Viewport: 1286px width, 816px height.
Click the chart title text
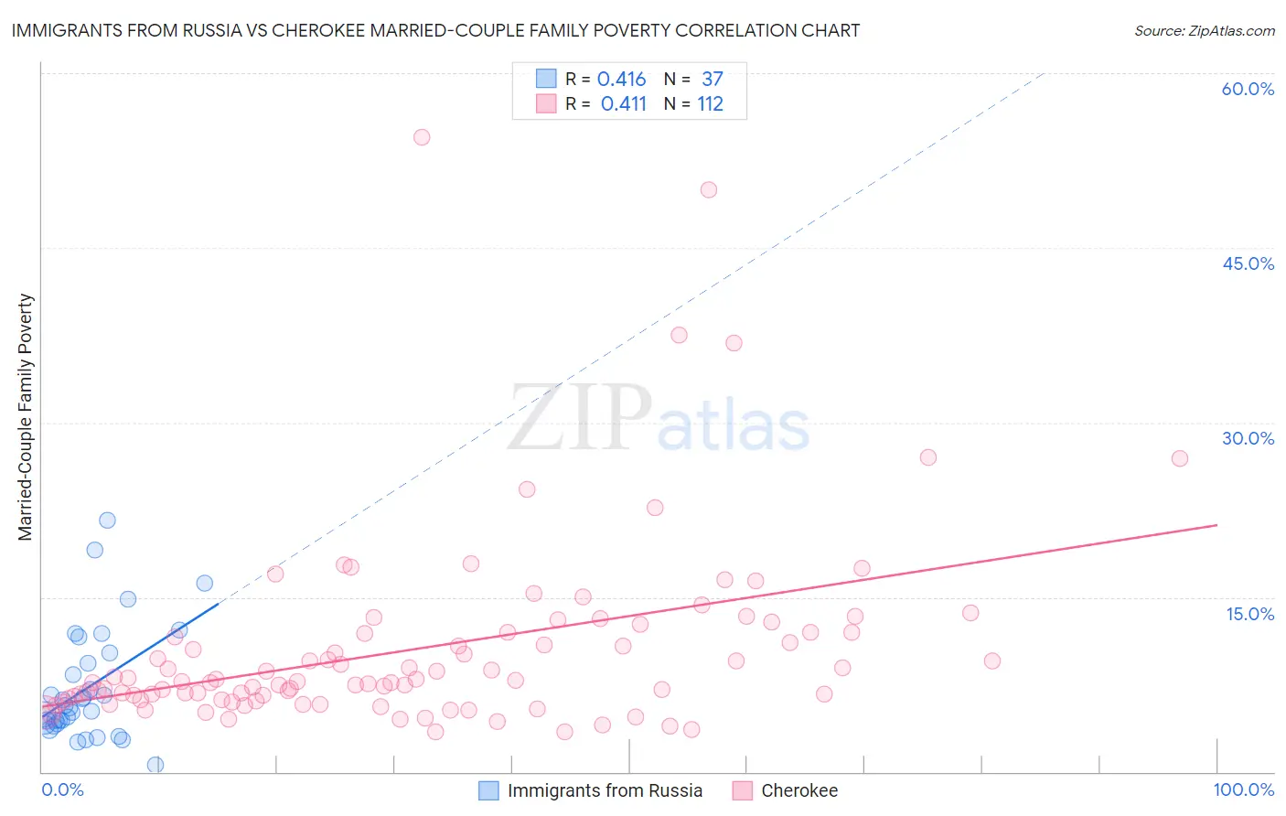pos(435,30)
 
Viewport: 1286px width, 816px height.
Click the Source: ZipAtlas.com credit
pos(1204,30)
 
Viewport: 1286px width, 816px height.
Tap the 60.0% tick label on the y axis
pos(1248,89)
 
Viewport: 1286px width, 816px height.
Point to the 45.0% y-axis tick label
pos(1248,263)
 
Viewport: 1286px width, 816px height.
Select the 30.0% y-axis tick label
pos(1248,438)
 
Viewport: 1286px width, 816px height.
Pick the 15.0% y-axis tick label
pos(1249,614)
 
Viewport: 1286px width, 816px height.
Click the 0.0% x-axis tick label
pos(62,789)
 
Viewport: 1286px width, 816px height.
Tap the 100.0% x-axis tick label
pos(1243,789)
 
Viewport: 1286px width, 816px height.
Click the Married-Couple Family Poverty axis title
pos(26,417)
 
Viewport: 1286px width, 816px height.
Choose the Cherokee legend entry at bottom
pos(798,790)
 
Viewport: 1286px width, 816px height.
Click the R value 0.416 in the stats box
pos(621,80)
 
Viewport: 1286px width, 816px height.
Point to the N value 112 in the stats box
pos(710,104)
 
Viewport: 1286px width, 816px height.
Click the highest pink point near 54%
pos(422,137)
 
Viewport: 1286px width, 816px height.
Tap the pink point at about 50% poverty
pos(709,190)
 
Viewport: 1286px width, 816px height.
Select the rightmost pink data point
pos(1180,458)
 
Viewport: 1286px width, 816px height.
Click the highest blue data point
pos(107,521)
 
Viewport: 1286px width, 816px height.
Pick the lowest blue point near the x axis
pos(155,765)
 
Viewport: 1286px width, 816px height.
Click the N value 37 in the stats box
pos(713,80)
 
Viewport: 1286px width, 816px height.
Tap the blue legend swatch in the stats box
pos(546,79)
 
